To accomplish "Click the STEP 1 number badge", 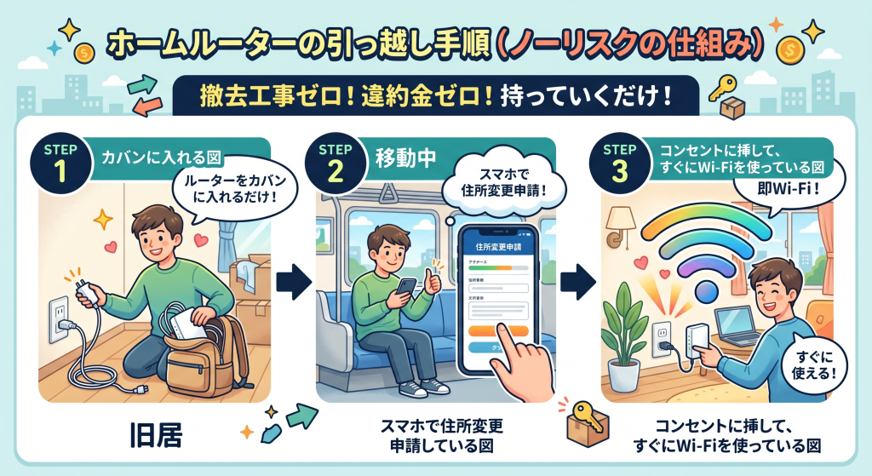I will click(71, 162).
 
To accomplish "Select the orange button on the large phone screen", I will click(496, 330).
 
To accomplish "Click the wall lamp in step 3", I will click(617, 223).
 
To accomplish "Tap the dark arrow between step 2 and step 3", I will click(579, 281).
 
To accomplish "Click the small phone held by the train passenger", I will click(408, 288).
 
